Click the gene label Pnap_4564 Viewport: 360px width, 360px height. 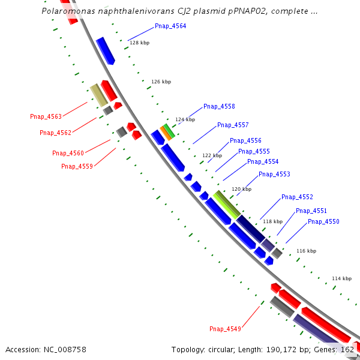(x=170, y=26)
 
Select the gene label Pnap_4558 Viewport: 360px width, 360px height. (x=219, y=106)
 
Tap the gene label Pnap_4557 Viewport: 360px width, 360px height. (x=233, y=125)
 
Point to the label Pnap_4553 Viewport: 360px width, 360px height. (x=274, y=174)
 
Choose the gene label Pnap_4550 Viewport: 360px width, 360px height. (x=323, y=221)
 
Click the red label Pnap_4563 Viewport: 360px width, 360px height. (x=46, y=116)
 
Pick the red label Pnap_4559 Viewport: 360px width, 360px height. (x=77, y=166)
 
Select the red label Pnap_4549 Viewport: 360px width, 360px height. (x=225, y=329)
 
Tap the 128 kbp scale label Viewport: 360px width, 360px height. (x=140, y=43)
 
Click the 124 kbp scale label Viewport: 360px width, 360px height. (x=185, y=119)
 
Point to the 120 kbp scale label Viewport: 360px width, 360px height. (x=241, y=189)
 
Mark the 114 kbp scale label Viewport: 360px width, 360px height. (x=341, y=278)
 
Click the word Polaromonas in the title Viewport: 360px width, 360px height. (x=67, y=11)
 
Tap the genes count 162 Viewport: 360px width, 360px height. (x=347, y=349)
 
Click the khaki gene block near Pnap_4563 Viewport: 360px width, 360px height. (x=98, y=95)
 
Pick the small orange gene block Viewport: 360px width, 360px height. (x=164, y=133)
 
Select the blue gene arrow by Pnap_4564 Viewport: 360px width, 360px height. (x=105, y=50)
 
